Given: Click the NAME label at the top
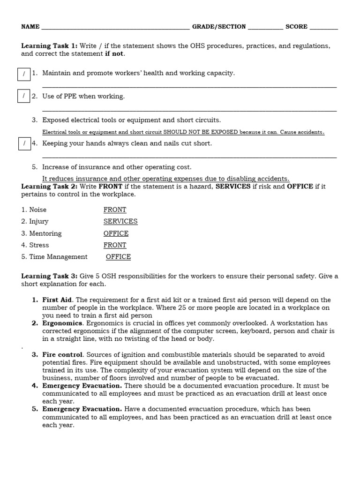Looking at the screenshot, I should [x=30, y=27].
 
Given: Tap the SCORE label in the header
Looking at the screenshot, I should [x=296, y=27].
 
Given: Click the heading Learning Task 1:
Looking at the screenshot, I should [x=49, y=46].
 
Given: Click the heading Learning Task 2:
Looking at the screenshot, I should [x=49, y=187].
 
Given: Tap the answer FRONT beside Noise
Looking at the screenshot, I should [x=115, y=210].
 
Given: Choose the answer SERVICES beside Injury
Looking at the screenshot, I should [x=120, y=222].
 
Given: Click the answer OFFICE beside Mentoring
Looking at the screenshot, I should [x=116, y=233].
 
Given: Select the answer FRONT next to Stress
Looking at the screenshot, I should [x=115, y=245].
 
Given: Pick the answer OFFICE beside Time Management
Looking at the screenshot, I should [x=118, y=257].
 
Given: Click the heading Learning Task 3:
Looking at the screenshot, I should [x=49, y=277].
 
